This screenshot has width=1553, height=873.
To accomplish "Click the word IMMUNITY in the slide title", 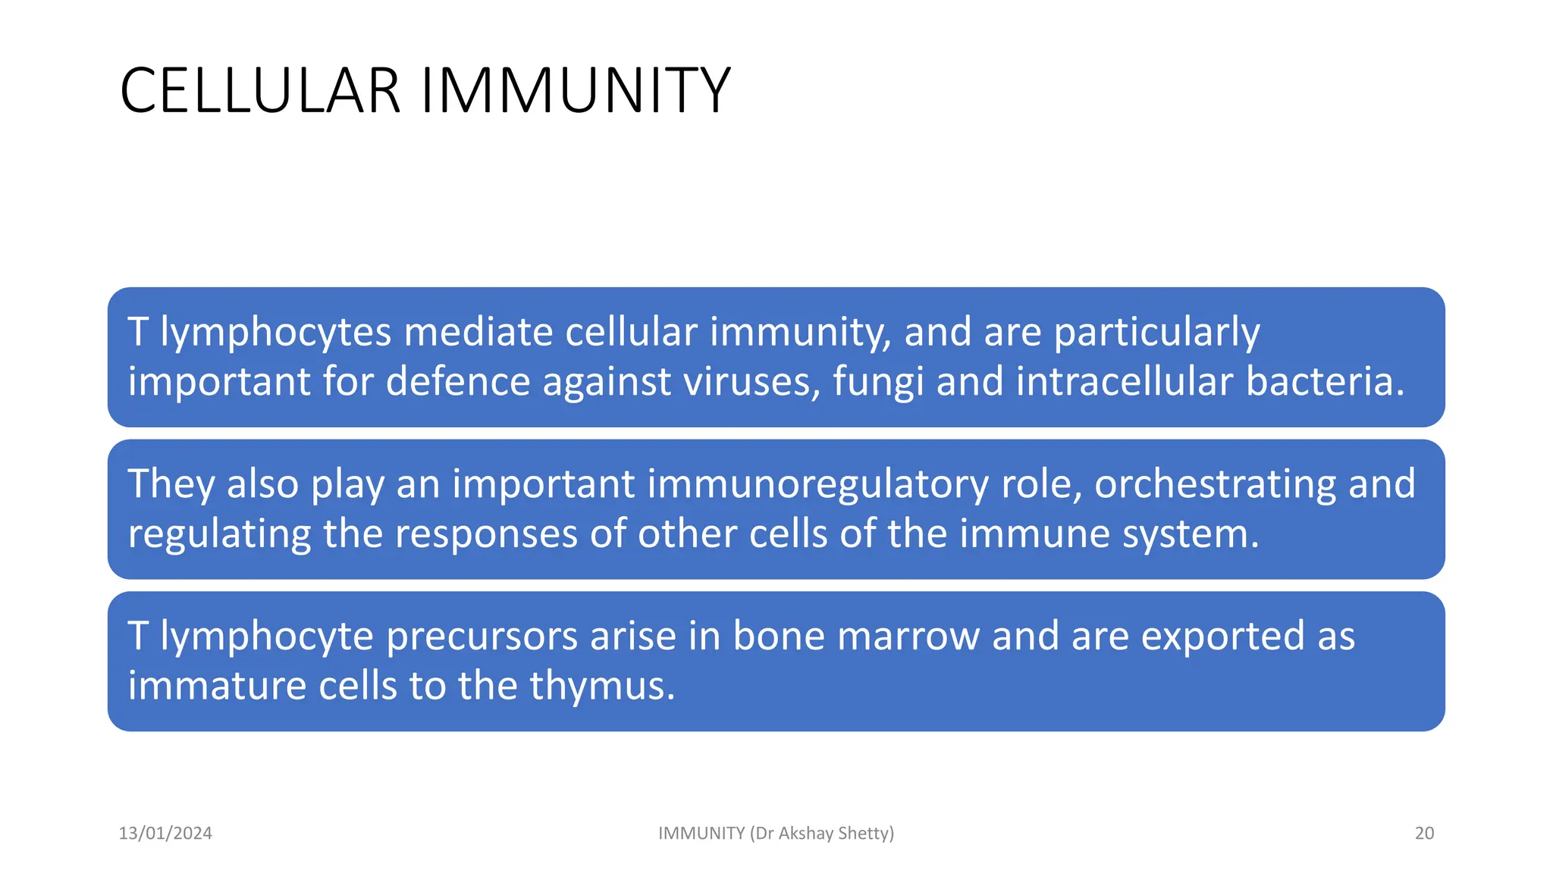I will click(x=576, y=91).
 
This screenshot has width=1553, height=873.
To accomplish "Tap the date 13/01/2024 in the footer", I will click(x=165, y=833).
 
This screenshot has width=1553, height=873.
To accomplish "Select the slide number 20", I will click(x=1424, y=833).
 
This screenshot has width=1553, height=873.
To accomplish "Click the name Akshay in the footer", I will click(x=806, y=833).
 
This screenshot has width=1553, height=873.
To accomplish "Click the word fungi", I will click(x=878, y=381).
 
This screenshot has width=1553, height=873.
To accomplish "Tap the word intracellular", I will click(x=1125, y=381).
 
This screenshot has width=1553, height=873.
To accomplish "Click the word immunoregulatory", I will click(x=720, y=484).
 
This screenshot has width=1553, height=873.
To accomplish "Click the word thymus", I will click(x=601, y=686).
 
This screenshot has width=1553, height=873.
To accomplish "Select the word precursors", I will click(x=482, y=636).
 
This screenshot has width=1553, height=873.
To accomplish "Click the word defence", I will click(x=458, y=381).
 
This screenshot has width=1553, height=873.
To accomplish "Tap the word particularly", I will click(x=1156, y=333).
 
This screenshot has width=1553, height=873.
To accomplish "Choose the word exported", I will click(x=1223, y=636).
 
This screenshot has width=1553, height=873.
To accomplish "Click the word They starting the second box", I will click(x=171, y=484).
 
